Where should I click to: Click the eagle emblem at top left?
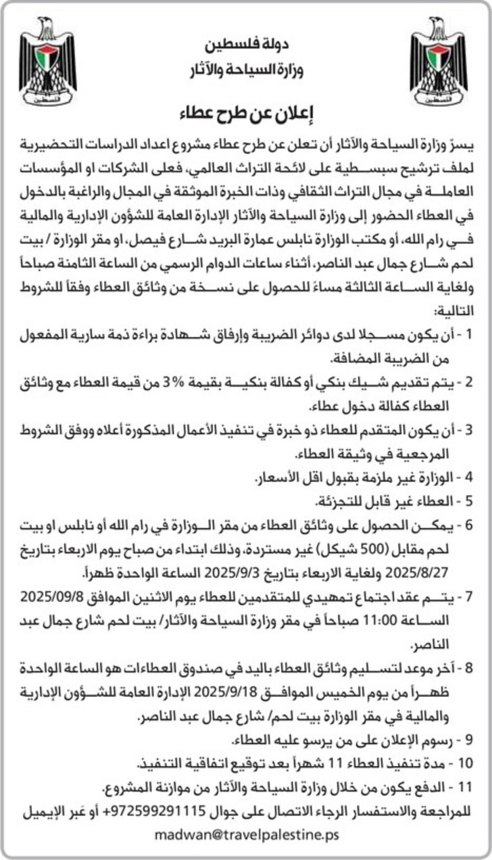(48, 61)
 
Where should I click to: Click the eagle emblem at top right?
(439, 61)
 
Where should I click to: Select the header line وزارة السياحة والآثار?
(245, 69)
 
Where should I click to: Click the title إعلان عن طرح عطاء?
(246, 112)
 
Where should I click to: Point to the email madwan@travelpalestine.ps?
(246, 835)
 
